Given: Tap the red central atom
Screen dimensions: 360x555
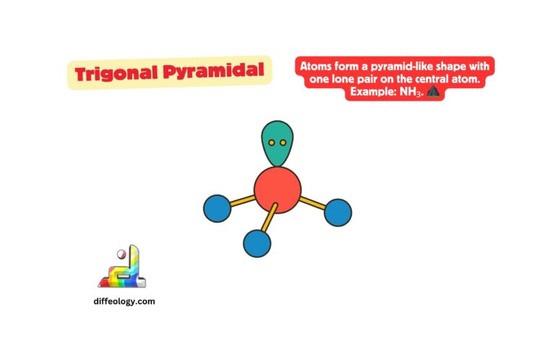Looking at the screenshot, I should pos(277,190).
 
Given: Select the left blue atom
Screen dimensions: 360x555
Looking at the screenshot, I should pos(217,208).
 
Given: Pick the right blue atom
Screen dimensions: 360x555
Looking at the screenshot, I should pos(337,212).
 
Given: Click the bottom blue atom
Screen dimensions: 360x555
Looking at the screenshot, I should pos(257,243).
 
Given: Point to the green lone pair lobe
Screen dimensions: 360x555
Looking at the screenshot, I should pos(277,142).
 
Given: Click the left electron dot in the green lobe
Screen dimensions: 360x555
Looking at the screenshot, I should pos(272,142).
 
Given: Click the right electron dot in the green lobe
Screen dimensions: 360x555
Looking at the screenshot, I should pos(283,142).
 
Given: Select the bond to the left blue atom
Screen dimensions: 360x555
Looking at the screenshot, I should pos(241,201).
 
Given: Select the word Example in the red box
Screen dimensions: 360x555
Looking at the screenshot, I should pos(373,93).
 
